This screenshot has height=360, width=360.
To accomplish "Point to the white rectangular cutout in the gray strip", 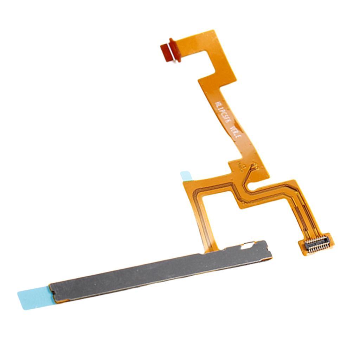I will click(x=249, y=245).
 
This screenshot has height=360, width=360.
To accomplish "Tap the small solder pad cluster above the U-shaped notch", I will click(x=253, y=166).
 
